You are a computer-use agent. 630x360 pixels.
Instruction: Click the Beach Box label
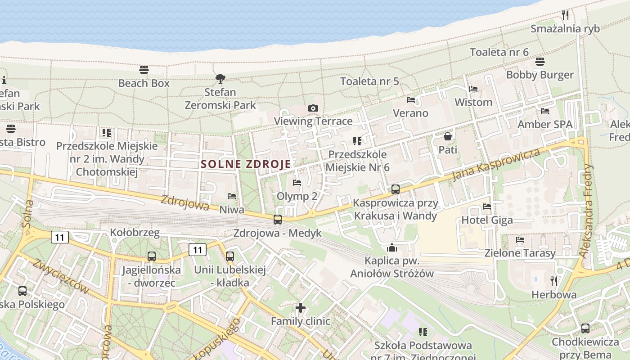click(144, 83)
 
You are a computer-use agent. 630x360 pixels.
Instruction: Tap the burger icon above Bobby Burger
click(540, 62)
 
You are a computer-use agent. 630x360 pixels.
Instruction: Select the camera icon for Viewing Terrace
click(313, 108)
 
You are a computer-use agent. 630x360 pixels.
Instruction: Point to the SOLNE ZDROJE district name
click(246, 164)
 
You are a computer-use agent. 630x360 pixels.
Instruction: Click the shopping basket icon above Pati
click(448, 136)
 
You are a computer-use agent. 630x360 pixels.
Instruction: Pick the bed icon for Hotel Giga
click(487, 207)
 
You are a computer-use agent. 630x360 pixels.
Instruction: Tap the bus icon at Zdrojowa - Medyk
click(278, 220)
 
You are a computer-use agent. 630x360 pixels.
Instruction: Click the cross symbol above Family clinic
click(301, 308)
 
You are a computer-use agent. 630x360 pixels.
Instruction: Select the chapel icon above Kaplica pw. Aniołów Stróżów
click(392, 247)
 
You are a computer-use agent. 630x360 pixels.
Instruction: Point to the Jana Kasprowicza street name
click(495, 164)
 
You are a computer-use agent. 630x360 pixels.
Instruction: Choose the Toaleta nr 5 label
click(369, 81)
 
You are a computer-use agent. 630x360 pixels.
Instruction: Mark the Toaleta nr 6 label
click(499, 52)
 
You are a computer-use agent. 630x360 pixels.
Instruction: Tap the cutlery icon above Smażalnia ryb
click(565, 15)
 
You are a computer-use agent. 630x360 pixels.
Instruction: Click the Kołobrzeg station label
click(135, 233)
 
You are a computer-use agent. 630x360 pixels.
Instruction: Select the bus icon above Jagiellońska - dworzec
click(152, 256)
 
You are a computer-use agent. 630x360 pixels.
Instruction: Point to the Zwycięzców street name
click(61, 276)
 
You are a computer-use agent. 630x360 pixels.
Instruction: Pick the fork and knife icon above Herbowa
click(554, 281)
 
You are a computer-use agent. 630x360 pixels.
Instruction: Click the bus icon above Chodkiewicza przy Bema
click(585, 328)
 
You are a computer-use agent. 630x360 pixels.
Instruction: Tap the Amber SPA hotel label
click(545, 124)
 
